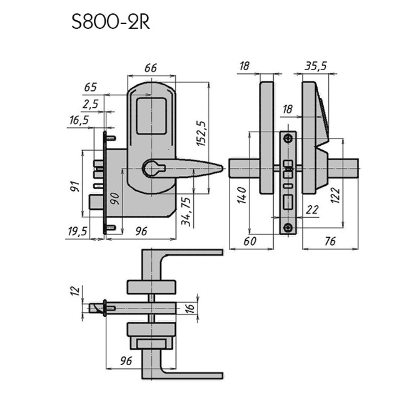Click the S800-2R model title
pos(110,22)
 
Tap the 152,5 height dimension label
pos(201,133)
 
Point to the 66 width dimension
pos(150,68)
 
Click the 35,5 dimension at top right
pos(316,66)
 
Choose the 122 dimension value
pos(335,196)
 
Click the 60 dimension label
pos(250,241)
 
